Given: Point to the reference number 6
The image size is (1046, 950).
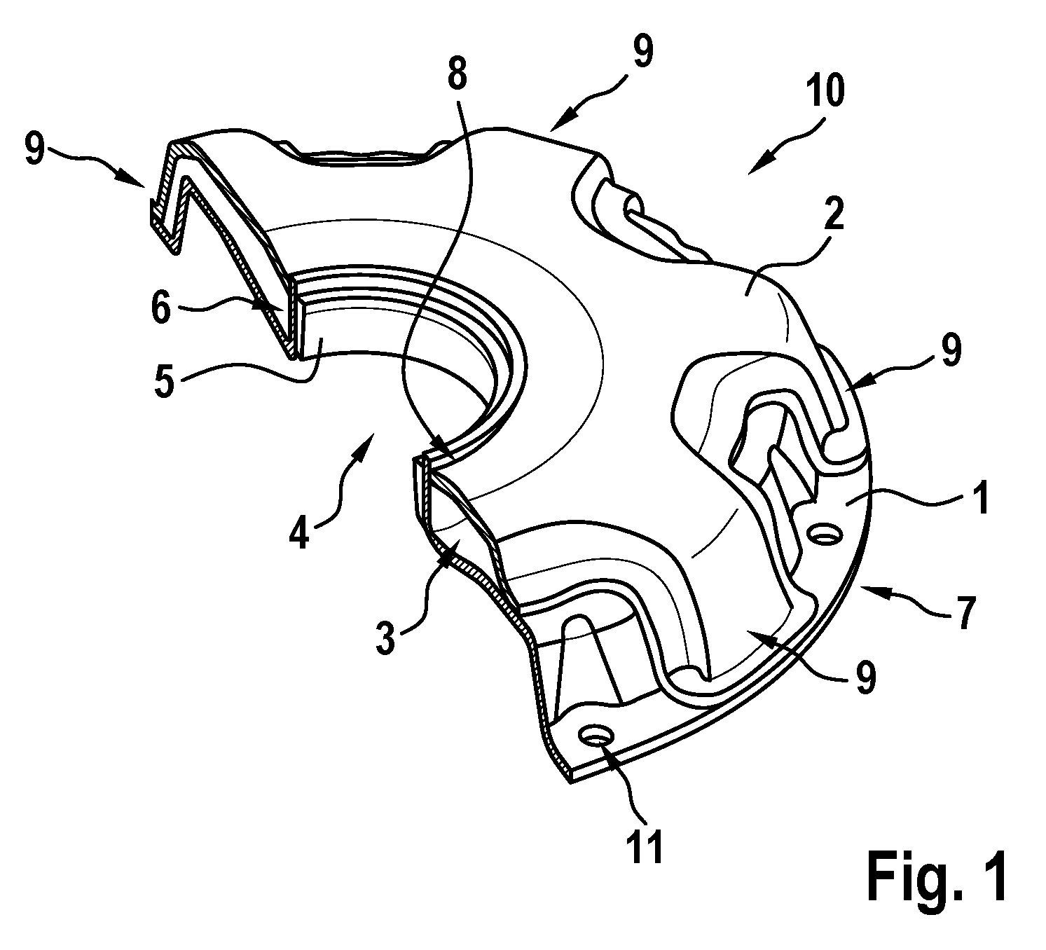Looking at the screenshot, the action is click(x=161, y=308).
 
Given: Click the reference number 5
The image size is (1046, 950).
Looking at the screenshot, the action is click(x=164, y=382).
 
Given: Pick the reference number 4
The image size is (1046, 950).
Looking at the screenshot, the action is click(x=299, y=531).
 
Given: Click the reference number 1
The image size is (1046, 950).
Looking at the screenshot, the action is click(x=982, y=498).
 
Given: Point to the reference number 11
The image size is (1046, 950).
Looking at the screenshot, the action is click(x=646, y=846).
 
